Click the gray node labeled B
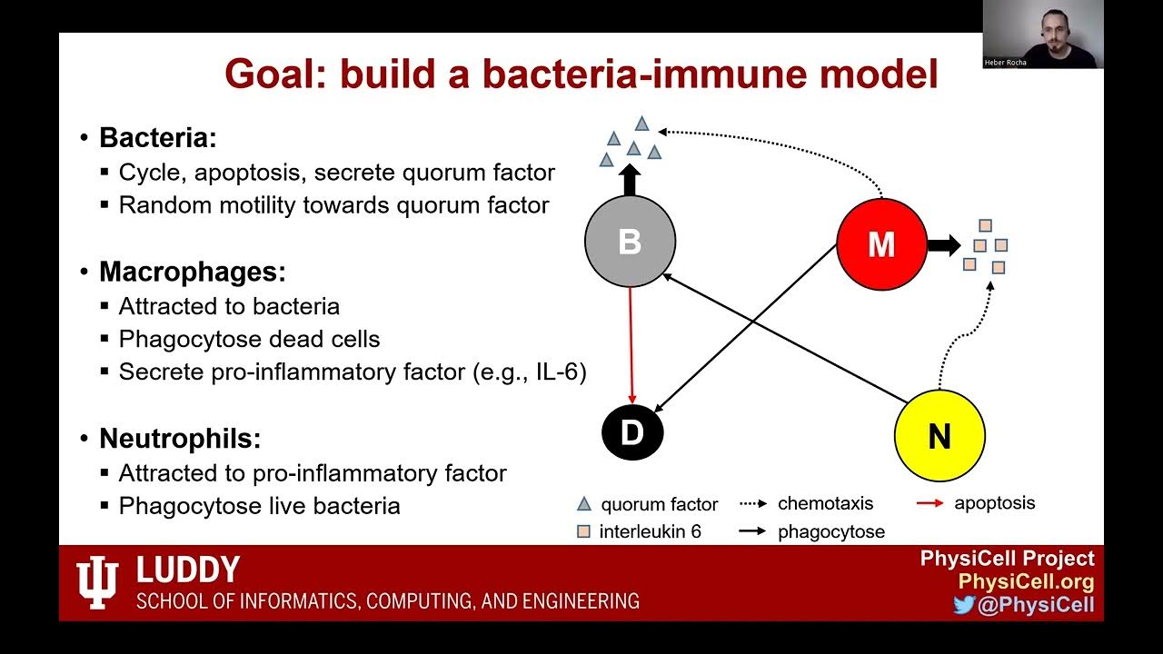(630, 242)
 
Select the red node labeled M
(881, 244)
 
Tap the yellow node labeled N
(939, 436)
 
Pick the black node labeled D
(632, 433)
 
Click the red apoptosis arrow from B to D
(631, 345)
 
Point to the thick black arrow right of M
(944, 244)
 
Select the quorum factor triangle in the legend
(584, 504)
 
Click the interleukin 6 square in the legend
(584, 532)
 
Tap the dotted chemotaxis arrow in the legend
(753, 503)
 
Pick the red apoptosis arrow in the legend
(930, 503)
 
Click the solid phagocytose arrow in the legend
(753, 532)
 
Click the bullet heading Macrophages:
(192, 272)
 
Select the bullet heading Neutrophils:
(180, 439)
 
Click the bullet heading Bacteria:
(158, 138)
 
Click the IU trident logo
(97, 582)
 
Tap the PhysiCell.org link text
(1026, 582)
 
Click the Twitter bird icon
(964, 605)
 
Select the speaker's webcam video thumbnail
(1043, 35)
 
